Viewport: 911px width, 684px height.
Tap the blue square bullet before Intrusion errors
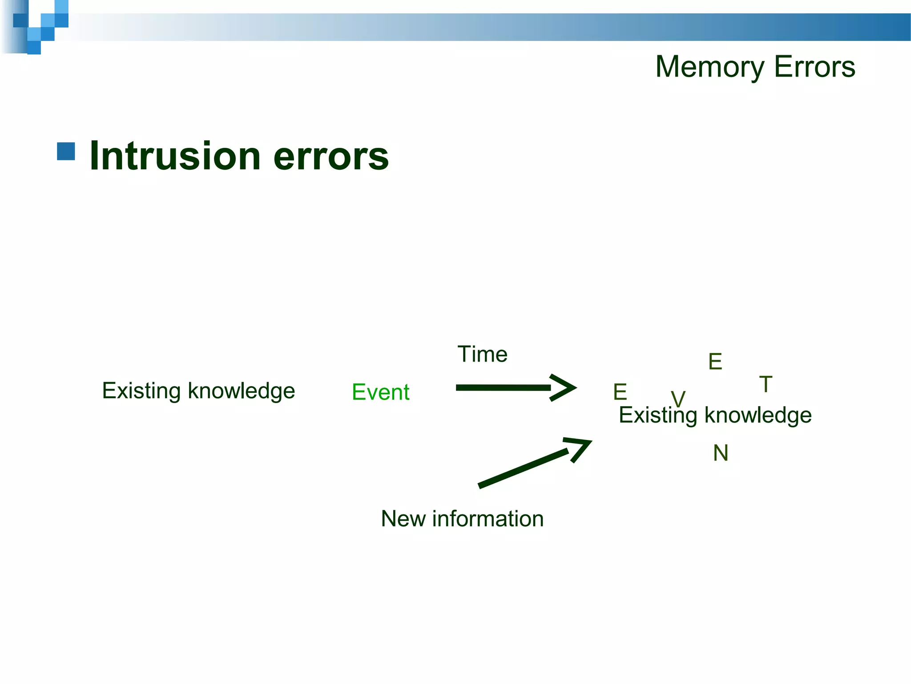click(66, 151)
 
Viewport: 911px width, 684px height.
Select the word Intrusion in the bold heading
click(175, 156)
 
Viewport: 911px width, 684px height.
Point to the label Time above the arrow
click(482, 354)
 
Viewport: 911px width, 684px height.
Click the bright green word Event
click(380, 392)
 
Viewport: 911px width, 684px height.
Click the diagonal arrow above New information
click(534, 463)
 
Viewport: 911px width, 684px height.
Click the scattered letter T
click(766, 384)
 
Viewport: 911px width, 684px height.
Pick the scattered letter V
click(678, 398)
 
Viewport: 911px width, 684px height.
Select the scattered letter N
click(721, 453)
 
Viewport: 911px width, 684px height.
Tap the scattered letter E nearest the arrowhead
click(620, 392)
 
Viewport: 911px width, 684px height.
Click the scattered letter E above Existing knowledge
click(715, 362)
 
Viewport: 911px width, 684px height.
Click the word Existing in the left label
click(141, 391)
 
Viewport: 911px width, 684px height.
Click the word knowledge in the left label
click(241, 391)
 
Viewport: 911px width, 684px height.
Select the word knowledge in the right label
click(758, 415)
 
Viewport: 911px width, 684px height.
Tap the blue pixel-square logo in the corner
click(40, 24)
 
